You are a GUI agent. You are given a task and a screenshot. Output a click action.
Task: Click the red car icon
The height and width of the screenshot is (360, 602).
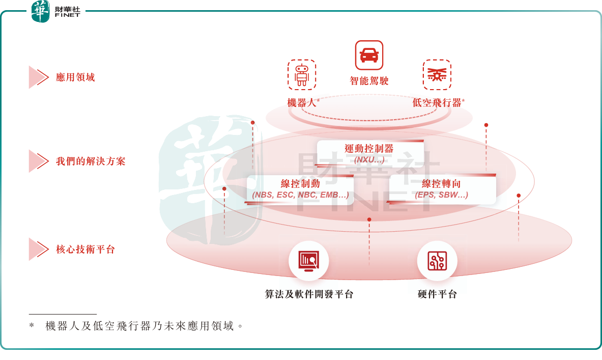[x=369, y=55]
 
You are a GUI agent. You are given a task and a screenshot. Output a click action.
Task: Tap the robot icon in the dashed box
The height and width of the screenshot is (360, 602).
[x=302, y=74]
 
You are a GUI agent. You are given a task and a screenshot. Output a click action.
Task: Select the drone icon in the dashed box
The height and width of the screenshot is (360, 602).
[x=437, y=74]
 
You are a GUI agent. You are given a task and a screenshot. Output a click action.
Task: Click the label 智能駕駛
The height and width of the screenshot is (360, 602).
[x=369, y=80]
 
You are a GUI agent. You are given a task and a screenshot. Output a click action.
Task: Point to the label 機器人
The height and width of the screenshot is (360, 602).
[x=302, y=102]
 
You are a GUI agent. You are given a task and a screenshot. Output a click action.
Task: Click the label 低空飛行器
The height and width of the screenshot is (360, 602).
[x=437, y=102]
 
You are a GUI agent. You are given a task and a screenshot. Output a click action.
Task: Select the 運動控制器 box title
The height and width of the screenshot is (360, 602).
[x=369, y=149]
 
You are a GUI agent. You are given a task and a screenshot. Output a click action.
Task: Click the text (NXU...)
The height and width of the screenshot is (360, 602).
[x=369, y=159]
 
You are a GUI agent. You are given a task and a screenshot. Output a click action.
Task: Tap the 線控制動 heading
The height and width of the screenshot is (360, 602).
[x=300, y=184]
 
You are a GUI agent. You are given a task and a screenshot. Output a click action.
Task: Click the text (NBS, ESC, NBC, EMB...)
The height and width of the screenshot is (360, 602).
[x=300, y=195]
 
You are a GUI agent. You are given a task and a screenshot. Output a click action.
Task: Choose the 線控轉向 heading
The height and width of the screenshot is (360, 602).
[x=441, y=184]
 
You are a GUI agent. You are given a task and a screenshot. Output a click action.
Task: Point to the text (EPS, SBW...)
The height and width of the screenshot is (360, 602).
[x=441, y=195]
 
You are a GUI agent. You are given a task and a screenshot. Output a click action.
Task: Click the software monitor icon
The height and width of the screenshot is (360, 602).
[x=309, y=261]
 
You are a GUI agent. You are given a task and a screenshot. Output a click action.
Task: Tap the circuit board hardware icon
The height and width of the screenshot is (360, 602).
[x=437, y=261]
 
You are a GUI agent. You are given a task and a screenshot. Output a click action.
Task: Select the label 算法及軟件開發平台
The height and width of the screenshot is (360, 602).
[x=309, y=294]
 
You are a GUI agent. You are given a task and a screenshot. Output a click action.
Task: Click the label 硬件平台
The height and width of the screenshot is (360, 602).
[x=437, y=294]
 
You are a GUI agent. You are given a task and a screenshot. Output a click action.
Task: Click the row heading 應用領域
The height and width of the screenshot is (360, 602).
[x=75, y=77]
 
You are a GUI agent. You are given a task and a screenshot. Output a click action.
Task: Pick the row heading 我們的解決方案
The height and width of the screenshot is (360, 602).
[x=91, y=161]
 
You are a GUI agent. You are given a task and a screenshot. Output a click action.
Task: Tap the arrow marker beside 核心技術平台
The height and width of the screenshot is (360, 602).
[x=39, y=250]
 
